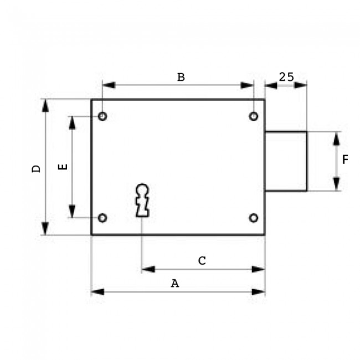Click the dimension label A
click(175, 284)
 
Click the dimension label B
click(181, 77)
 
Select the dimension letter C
click(202, 260)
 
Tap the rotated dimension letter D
click(36, 168)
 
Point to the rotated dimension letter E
click(63, 166)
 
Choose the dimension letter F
click(345, 160)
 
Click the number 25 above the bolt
click(286, 77)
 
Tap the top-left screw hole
click(102, 116)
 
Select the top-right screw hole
click(253, 116)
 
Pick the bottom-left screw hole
click(102, 218)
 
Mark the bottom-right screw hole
click(253, 218)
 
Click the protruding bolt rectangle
click(286, 161)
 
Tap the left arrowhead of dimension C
click(148, 269)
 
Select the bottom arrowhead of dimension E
click(71, 212)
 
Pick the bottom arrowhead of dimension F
click(336, 184)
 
